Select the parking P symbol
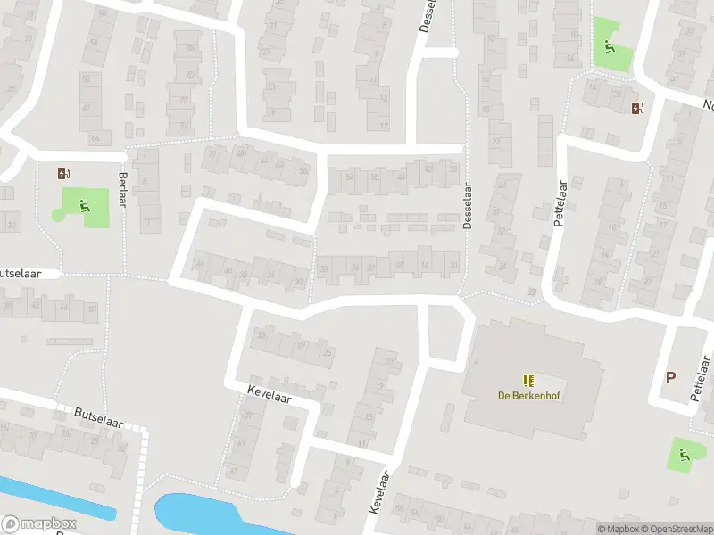click(x=670, y=377)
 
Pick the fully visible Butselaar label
click(x=98, y=417)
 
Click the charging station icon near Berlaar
click(x=63, y=174)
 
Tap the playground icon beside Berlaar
click(x=85, y=207)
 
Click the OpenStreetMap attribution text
click(x=676, y=529)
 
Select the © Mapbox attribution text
click(x=617, y=529)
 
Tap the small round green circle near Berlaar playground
click(x=59, y=215)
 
